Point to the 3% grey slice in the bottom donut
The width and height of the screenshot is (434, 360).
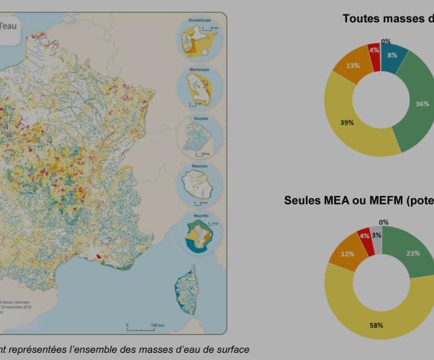(x=376, y=235)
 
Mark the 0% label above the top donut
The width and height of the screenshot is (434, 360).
(x=386, y=42)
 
